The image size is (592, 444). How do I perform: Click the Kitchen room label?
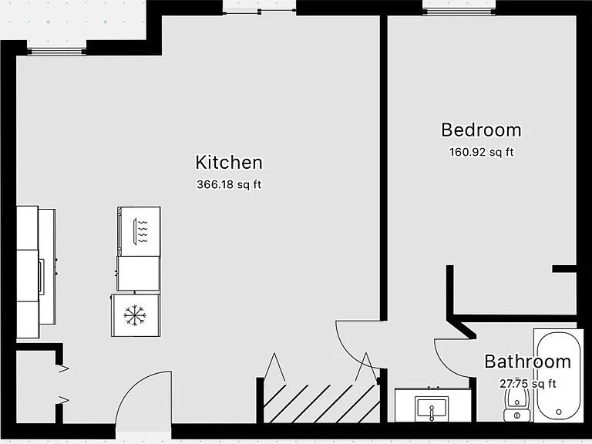(x=229, y=163)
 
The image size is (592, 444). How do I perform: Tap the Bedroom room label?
(x=481, y=129)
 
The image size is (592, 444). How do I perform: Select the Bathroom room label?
(x=527, y=362)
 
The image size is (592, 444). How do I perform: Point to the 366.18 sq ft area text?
(x=229, y=185)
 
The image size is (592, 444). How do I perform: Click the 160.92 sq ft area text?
(x=481, y=152)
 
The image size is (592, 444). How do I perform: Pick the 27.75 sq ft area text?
(x=528, y=384)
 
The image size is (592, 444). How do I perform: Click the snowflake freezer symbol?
(x=135, y=315)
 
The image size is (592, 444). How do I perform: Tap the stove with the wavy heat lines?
(x=139, y=231)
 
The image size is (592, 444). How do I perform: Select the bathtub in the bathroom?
(x=559, y=375)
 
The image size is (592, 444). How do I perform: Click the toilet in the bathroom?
(x=517, y=405)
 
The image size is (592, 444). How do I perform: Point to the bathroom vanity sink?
(x=432, y=409)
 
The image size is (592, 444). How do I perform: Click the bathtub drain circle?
(x=559, y=412)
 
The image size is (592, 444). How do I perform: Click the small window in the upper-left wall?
(x=56, y=52)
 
